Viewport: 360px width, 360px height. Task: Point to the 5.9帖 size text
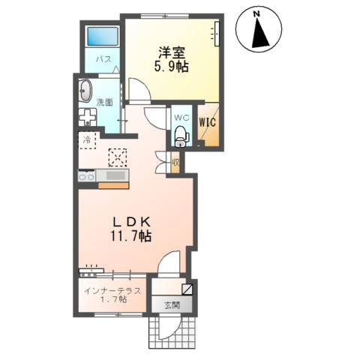(171, 66)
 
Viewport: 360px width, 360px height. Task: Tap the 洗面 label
(104, 103)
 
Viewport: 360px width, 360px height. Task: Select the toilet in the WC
(179, 136)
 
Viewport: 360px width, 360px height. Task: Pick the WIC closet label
(208, 118)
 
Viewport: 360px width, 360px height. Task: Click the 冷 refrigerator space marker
(87, 140)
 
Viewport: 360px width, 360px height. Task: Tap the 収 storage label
(175, 160)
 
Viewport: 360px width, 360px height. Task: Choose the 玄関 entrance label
(172, 305)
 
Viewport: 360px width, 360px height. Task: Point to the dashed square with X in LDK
(118, 156)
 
